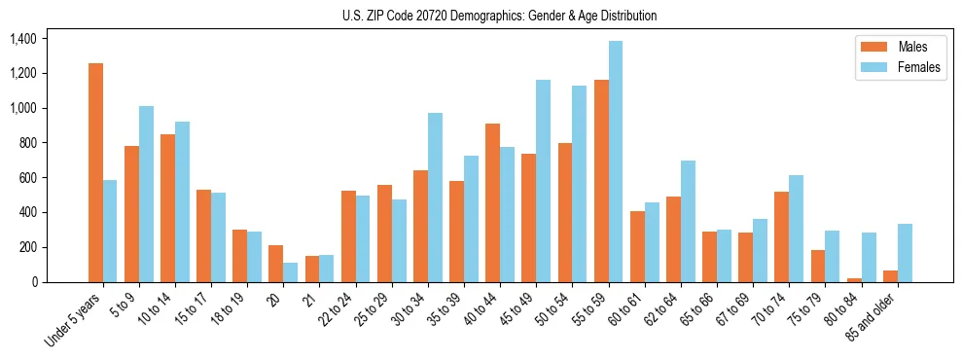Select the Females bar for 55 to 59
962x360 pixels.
coord(616,162)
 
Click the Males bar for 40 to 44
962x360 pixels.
coord(493,202)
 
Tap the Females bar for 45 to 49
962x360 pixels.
coord(543,181)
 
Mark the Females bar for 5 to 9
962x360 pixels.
coord(146,194)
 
